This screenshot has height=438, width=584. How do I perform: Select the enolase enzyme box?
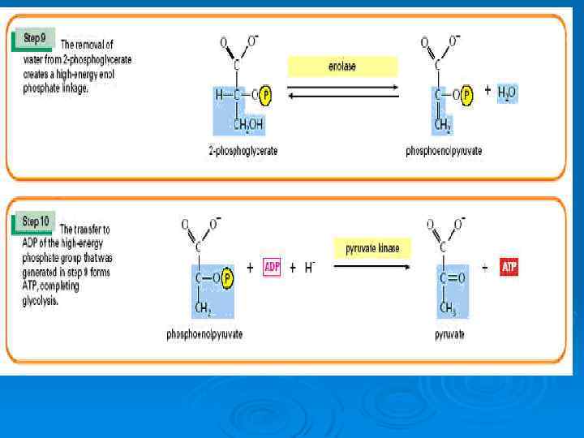pyautogui.click(x=342, y=67)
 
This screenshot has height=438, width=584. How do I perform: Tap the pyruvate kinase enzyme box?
pyautogui.click(x=372, y=248)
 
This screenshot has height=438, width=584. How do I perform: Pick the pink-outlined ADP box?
pyautogui.click(x=272, y=268)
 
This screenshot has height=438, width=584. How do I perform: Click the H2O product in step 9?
pyautogui.click(x=506, y=92)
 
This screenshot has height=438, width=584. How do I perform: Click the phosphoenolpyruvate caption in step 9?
pyautogui.click(x=444, y=151)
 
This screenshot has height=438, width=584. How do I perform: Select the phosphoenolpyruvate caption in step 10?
pyautogui.click(x=204, y=333)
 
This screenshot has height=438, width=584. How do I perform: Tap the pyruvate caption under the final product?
pyautogui.click(x=449, y=333)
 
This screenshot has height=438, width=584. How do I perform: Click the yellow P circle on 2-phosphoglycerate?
pyautogui.click(x=265, y=95)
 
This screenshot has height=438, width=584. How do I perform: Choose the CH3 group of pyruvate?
pyautogui.click(x=448, y=307)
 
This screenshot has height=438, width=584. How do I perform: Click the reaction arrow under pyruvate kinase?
pyautogui.click(x=372, y=267)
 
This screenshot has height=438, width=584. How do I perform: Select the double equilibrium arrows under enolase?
pyautogui.click(x=343, y=91)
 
